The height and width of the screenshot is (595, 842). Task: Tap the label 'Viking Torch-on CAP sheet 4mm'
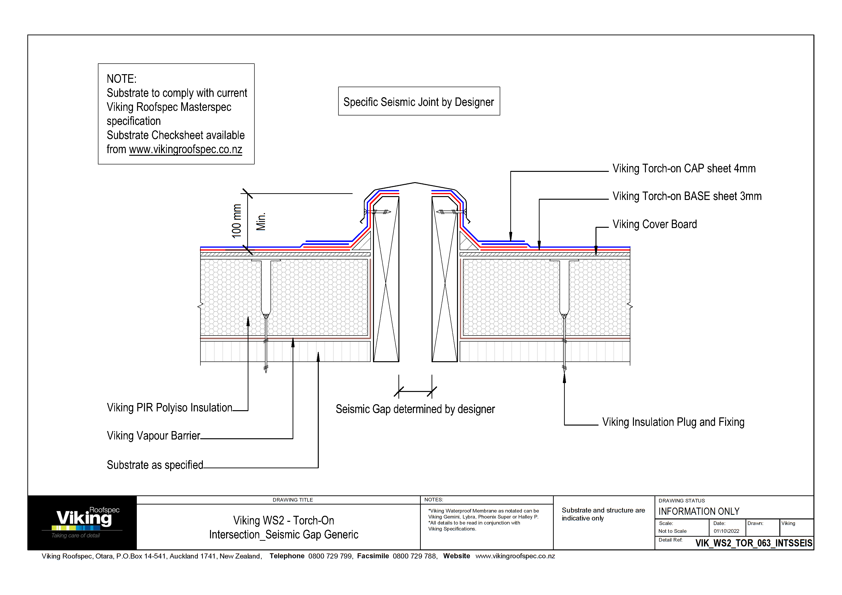point(684,169)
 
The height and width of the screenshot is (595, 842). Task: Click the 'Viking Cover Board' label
point(654,224)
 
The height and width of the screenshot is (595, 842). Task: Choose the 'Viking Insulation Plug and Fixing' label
point(673,422)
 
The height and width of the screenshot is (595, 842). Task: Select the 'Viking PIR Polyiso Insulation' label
point(169,408)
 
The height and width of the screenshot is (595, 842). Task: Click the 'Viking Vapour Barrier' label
point(153,436)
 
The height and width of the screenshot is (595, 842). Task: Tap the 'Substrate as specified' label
point(155,465)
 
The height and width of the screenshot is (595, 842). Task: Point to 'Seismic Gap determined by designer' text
point(415,409)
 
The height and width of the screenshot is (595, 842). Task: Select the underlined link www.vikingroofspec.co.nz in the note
point(186,150)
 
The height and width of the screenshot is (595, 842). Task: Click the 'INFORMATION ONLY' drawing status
point(699,511)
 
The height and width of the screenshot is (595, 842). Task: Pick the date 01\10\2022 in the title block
point(726,531)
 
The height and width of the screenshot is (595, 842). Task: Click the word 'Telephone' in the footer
point(287,556)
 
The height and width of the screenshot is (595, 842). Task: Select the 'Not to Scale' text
point(672,531)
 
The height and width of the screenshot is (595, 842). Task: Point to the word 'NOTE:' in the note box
point(121,79)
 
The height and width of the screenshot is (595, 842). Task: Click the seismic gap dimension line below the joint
point(415,391)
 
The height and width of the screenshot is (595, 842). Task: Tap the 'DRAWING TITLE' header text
point(293,500)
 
